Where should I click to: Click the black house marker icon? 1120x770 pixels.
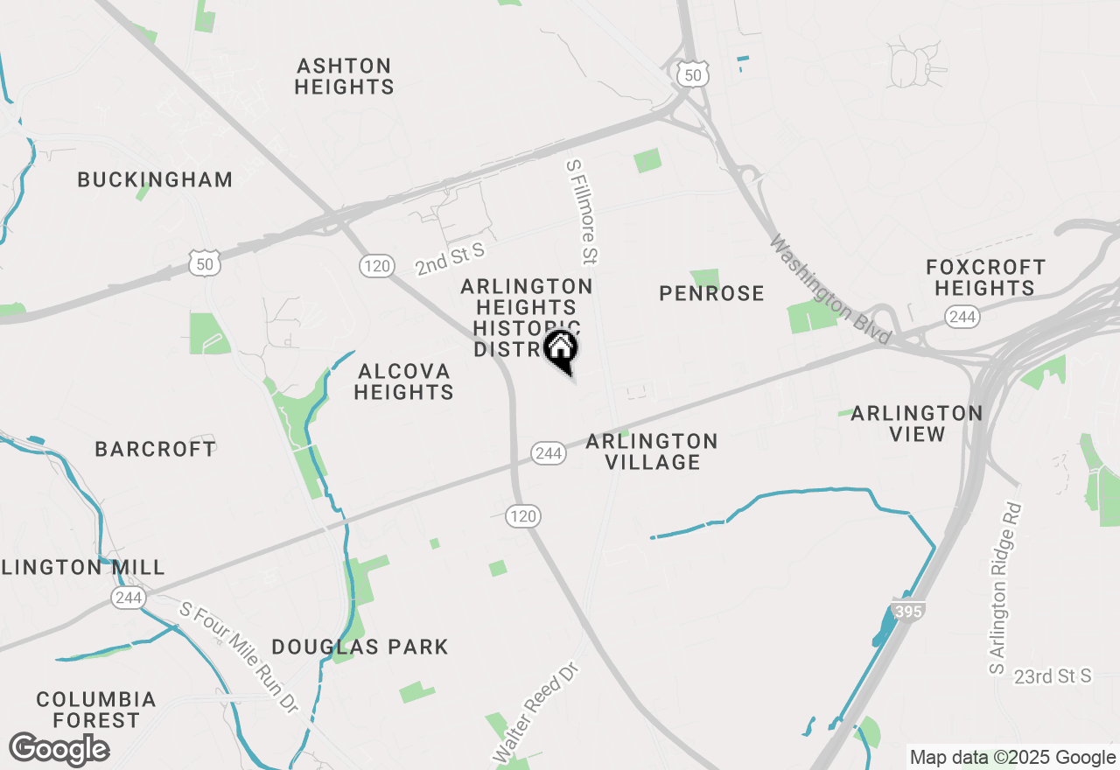click(x=561, y=349)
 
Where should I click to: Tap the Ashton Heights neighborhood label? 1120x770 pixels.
click(x=344, y=76)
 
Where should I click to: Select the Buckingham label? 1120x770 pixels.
click(x=155, y=179)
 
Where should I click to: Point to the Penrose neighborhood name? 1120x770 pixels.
click(x=711, y=293)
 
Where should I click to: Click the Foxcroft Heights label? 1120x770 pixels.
click(x=985, y=277)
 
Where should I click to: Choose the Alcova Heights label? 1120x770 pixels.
click(x=403, y=381)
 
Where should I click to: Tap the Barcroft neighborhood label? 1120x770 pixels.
click(x=155, y=449)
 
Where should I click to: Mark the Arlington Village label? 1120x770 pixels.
click(x=652, y=451)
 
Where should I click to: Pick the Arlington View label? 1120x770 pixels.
click(x=916, y=423)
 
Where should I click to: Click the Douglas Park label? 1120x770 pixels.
click(x=360, y=647)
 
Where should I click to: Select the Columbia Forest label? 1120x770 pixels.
click(x=96, y=710)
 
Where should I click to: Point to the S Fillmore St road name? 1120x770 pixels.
click(x=582, y=211)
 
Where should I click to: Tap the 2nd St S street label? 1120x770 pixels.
click(x=450, y=260)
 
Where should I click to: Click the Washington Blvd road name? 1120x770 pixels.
click(x=829, y=289)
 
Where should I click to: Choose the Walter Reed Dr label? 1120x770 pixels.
click(x=536, y=711)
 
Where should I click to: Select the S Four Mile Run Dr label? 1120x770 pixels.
click(x=240, y=656)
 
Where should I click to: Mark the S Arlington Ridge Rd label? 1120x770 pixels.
click(x=1004, y=588)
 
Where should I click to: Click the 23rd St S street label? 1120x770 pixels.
click(x=1053, y=676)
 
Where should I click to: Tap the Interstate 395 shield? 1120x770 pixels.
click(x=908, y=611)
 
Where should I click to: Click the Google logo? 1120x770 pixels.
click(x=59, y=750)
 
